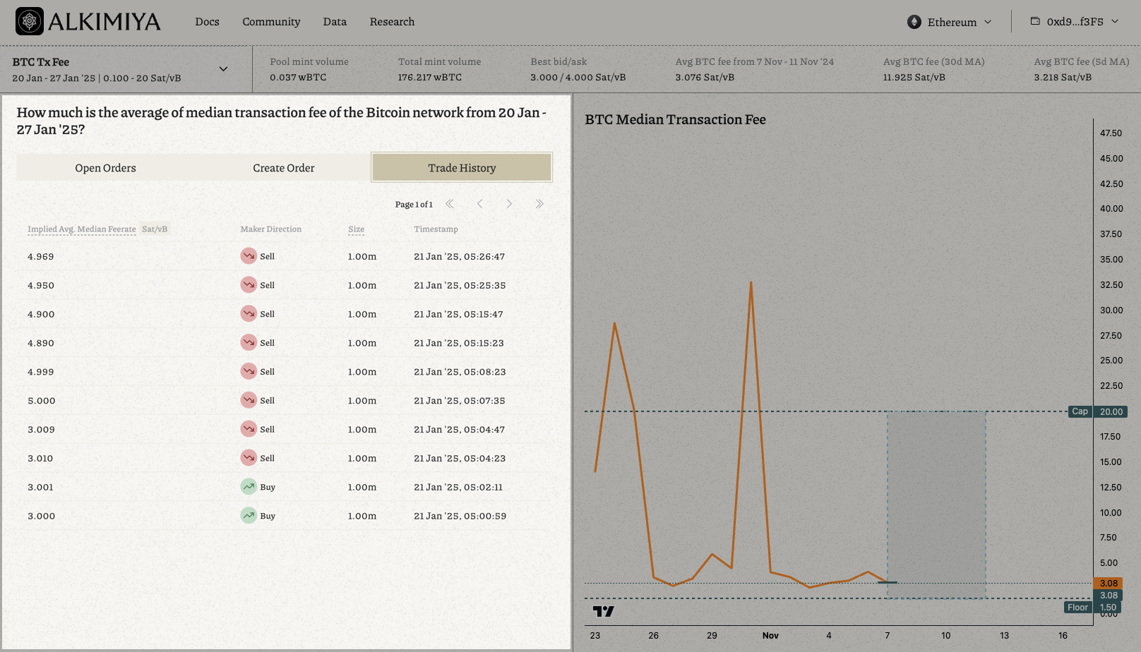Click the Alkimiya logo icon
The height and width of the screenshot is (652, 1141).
[x=30, y=21]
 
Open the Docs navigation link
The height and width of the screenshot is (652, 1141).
[x=207, y=22]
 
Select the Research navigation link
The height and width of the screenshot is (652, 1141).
[x=392, y=22]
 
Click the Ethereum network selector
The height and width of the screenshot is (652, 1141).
[x=950, y=22]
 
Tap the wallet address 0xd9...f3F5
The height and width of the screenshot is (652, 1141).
[x=1075, y=22]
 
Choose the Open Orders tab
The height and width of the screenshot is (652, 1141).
[x=105, y=168]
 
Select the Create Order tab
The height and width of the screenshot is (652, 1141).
[x=284, y=168]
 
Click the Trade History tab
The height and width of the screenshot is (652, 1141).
[x=462, y=168]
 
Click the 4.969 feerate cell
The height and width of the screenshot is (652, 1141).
[x=41, y=257]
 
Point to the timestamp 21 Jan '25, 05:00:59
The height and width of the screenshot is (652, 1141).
[x=460, y=517]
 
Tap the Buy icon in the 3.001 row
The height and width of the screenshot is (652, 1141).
[x=249, y=487]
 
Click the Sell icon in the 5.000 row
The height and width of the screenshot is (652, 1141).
[x=249, y=400]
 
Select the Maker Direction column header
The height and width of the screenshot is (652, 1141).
[x=270, y=229]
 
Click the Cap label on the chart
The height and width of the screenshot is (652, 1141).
[x=1080, y=411]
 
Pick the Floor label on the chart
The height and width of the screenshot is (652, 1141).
[x=1077, y=608]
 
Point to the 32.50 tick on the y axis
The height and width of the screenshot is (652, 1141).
[x=1111, y=285]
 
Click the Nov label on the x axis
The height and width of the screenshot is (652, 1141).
[x=770, y=636]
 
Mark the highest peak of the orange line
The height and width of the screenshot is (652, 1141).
[x=751, y=283]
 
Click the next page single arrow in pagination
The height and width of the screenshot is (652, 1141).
[x=509, y=204]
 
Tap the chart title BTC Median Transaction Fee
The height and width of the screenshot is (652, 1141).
[x=675, y=120]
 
